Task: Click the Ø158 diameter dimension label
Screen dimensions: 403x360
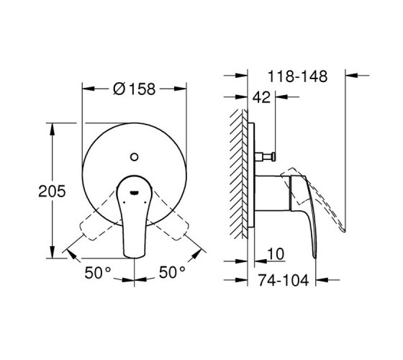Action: click(134, 89)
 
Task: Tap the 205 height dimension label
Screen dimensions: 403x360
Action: click(52, 192)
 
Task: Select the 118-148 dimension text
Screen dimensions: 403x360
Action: click(297, 76)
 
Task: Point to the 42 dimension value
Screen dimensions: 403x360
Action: click(262, 97)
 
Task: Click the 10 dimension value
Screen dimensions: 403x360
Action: click(276, 254)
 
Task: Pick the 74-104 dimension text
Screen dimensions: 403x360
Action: click(284, 280)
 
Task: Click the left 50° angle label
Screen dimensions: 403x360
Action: click(98, 273)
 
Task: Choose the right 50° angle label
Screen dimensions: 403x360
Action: click(172, 272)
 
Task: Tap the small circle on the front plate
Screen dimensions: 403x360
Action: click(134, 157)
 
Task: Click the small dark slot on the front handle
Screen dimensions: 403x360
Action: click(135, 193)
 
